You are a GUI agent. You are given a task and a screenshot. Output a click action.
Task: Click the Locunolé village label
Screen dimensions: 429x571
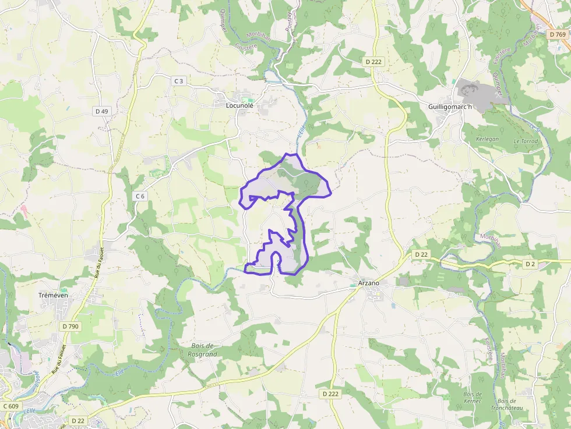tap(239, 106)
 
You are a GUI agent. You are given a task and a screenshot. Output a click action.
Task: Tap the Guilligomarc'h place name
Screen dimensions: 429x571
tap(450, 107)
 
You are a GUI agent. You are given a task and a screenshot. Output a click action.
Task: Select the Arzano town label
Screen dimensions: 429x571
tap(368, 283)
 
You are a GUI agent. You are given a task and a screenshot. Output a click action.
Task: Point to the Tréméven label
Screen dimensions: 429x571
tap(53, 295)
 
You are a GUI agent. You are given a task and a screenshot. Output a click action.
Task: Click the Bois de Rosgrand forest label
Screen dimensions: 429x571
tap(204, 350)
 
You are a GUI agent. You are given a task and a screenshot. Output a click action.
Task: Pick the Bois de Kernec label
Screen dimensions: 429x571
tap(473, 398)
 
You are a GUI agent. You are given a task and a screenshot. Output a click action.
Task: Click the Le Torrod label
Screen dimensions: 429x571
tap(526, 141)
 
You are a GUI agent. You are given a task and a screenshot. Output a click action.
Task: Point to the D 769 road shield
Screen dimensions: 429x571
tap(558, 35)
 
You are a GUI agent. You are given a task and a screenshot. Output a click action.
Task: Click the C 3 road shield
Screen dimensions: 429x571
tap(179, 81)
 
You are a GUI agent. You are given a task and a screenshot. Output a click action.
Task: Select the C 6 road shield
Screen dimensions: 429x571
tap(140, 196)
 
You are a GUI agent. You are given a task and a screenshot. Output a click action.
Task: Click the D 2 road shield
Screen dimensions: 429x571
tap(530, 264)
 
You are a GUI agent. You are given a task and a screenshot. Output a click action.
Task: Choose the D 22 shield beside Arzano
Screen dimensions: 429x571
tap(422, 254)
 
